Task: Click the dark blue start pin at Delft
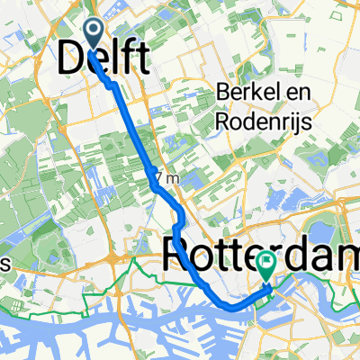coord(95,32)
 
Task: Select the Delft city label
coord(105,59)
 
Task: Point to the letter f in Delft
coord(129,59)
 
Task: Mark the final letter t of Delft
coord(142,59)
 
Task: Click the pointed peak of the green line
coord(135,257)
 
